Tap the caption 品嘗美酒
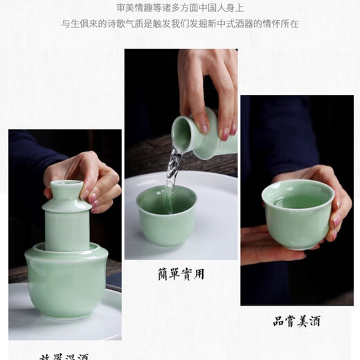296,321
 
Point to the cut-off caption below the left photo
64,355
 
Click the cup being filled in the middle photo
166,215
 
